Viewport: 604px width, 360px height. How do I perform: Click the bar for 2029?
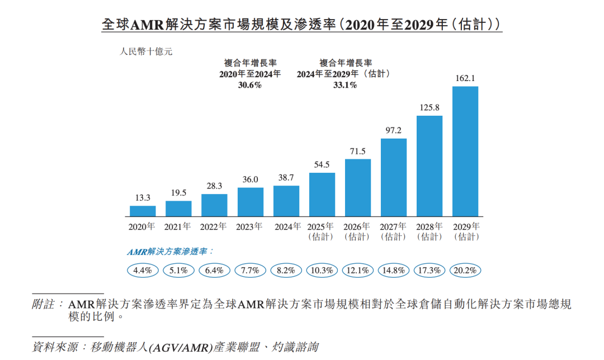(x=465, y=151)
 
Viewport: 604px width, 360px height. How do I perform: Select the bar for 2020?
(x=143, y=211)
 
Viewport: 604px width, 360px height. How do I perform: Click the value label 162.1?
(x=465, y=79)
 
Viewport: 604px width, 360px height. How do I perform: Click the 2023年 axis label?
(x=249, y=227)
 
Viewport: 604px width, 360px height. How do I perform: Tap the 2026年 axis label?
(x=357, y=227)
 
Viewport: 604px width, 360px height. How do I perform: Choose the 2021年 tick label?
(x=178, y=227)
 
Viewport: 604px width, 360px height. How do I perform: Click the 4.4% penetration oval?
(x=143, y=271)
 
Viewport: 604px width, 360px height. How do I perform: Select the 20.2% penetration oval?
(x=466, y=271)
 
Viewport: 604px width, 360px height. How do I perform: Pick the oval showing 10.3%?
(x=322, y=271)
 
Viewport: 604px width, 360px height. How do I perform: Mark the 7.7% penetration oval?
(x=250, y=271)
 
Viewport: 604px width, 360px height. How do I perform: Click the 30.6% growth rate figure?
(x=249, y=86)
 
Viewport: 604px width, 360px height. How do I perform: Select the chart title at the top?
(x=301, y=25)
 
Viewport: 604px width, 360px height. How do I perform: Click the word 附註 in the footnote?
(x=44, y=305)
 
